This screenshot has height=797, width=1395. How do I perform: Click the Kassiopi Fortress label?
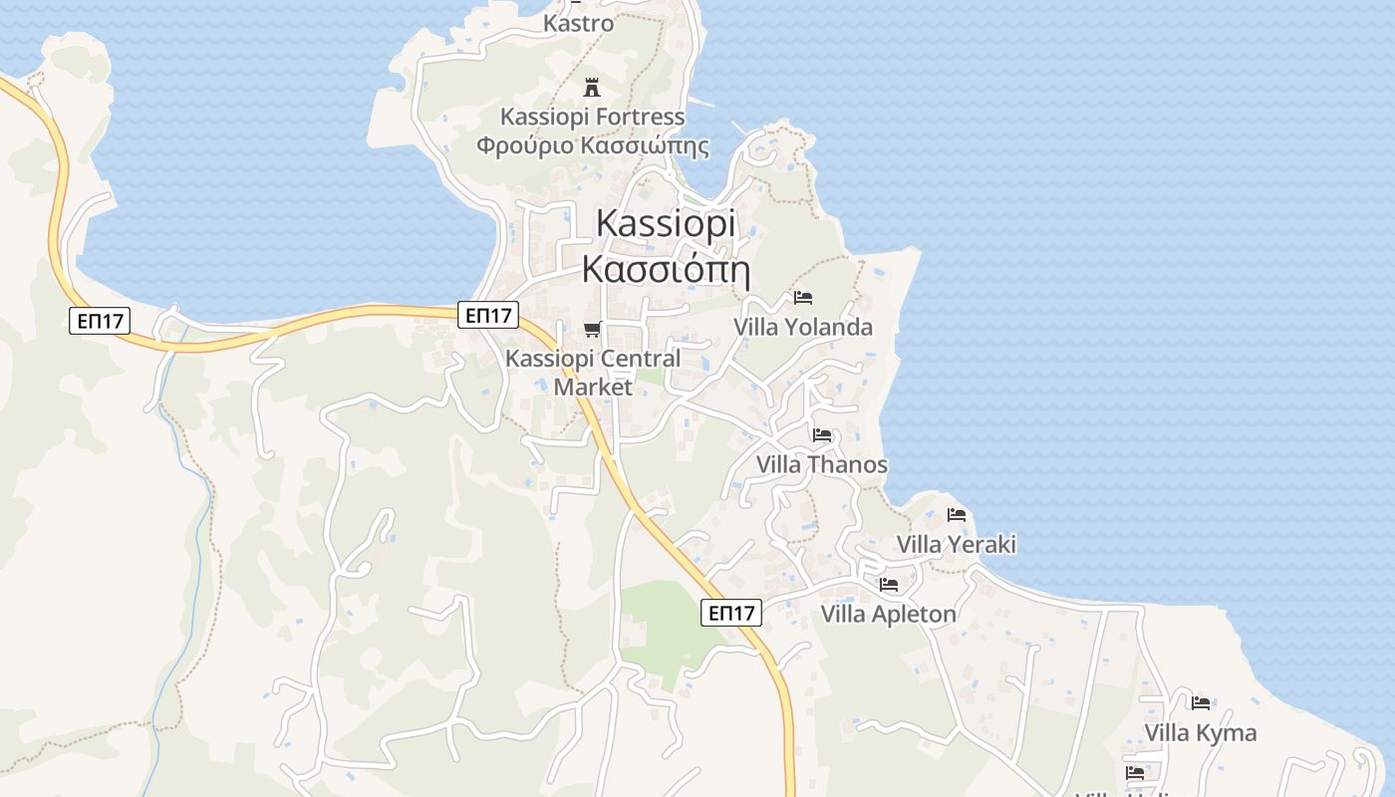pos(592,117)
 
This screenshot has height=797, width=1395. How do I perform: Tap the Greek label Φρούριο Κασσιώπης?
pos(592,145)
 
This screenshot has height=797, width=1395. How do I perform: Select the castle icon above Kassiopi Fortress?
pos(592,86)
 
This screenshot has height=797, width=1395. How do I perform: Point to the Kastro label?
pos(578,23)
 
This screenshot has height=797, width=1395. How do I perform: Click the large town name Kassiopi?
pos(666,223)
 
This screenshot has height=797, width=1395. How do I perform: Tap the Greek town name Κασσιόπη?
pos(666,269)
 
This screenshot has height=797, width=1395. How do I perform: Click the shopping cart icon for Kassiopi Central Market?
pos(593,329)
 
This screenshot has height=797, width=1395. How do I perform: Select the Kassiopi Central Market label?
pos(593,372)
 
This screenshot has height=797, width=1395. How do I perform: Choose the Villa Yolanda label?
pos(802,327)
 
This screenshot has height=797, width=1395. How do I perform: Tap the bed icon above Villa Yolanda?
pos(803,297)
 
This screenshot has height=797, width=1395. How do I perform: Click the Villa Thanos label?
pos(821,464)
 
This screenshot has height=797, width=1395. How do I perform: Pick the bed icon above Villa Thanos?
pos(822,434)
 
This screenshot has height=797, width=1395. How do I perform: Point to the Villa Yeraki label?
pos(956,544)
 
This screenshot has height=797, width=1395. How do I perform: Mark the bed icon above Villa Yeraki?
pos(957,515)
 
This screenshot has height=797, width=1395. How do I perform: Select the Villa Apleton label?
pos(888,614)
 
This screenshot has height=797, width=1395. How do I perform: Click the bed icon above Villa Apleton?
pos(889,584)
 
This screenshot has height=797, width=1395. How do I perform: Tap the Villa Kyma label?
pos(1200,733)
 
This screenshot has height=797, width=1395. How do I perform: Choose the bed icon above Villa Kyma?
pos(1201,702)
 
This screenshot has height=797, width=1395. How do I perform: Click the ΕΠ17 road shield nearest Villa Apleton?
pos(731,613)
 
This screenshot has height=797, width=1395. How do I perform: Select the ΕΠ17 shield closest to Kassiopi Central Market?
pos(488,316)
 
